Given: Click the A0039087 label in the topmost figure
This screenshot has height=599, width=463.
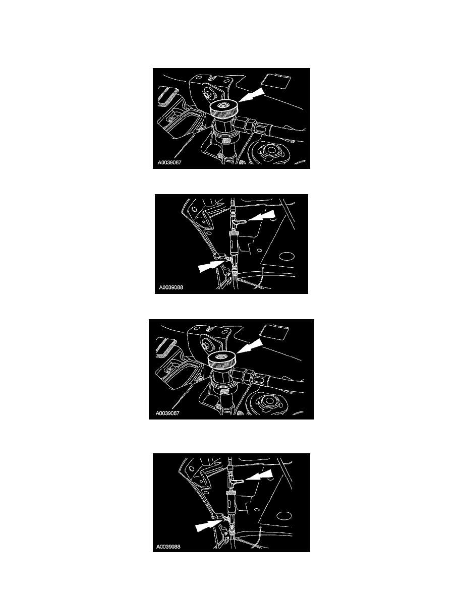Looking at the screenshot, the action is click(169, 162).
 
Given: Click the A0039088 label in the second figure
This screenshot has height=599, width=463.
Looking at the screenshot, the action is click(171, 287).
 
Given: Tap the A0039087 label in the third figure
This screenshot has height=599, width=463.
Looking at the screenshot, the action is click(167, 413).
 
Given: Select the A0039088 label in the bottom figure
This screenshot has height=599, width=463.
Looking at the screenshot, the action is click(168, 547).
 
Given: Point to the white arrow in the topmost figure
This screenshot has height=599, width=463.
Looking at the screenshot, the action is click(251, 95).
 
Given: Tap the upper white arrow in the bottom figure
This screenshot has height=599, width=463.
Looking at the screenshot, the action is click(259, 475).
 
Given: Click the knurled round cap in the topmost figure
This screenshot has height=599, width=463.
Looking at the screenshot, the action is click(224, 107).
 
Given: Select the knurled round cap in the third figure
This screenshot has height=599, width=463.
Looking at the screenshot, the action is click(222, 358).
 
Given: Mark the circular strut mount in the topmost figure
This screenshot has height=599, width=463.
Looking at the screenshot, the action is click(271, 152).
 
